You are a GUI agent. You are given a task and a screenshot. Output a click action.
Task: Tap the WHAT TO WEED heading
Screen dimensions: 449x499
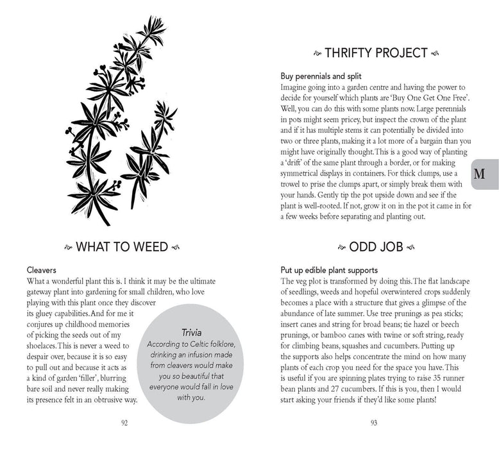pyautogui.click(x=121, y=246)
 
